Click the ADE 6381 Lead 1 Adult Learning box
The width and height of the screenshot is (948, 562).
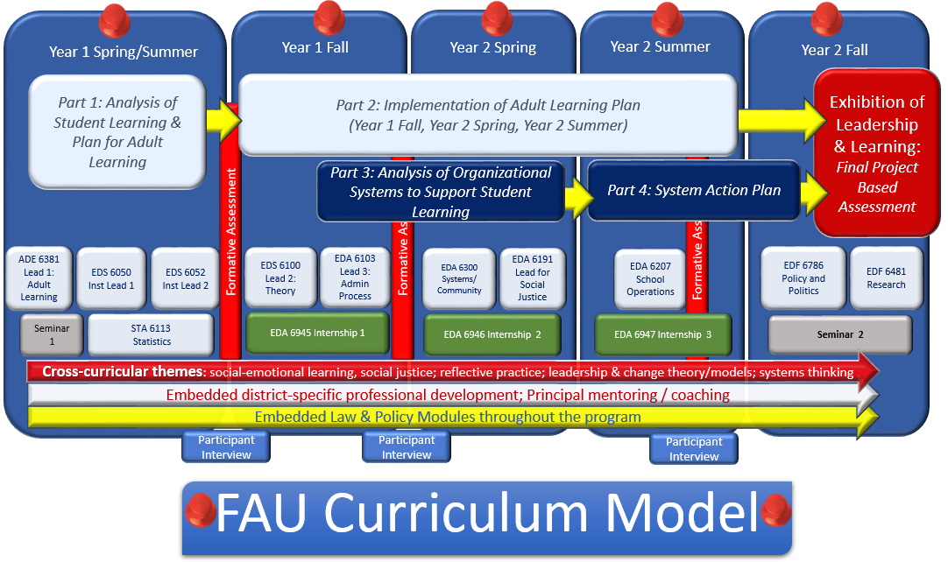pyautogui.click(x=39, y=278)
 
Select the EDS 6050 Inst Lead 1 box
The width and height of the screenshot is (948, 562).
pyautogui.click(x=110, y=278)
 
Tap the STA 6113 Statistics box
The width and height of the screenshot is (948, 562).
pyautogui.click(x=152, y=334)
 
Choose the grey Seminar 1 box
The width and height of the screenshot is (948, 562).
pyautogui.click(x=52, y=334)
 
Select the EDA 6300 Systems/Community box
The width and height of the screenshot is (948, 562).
pyautogui.click(x=459, y=278)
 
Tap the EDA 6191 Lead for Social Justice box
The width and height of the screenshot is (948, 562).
pyautogui.click(x=532, y=278)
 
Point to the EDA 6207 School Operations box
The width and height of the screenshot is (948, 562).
pyautogui.click(x=650, y=278)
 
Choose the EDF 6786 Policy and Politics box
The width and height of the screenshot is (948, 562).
pyautogui.click(x=804, y=278)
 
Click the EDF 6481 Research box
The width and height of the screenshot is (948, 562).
pyautogui.click(x=886, y=278)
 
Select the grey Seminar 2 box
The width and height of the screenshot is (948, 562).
pyautogui.click(x=840, y=334)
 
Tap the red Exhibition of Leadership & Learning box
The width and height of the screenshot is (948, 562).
pyautogui.click(x=876, y=154)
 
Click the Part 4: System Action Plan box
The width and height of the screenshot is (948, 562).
pyautogui.click(x=694, y=190)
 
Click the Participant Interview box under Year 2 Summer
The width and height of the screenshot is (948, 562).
pyautogui.click(x=694, y=448)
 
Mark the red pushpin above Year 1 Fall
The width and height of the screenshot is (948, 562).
pyautogui.click(x=329, y=17)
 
